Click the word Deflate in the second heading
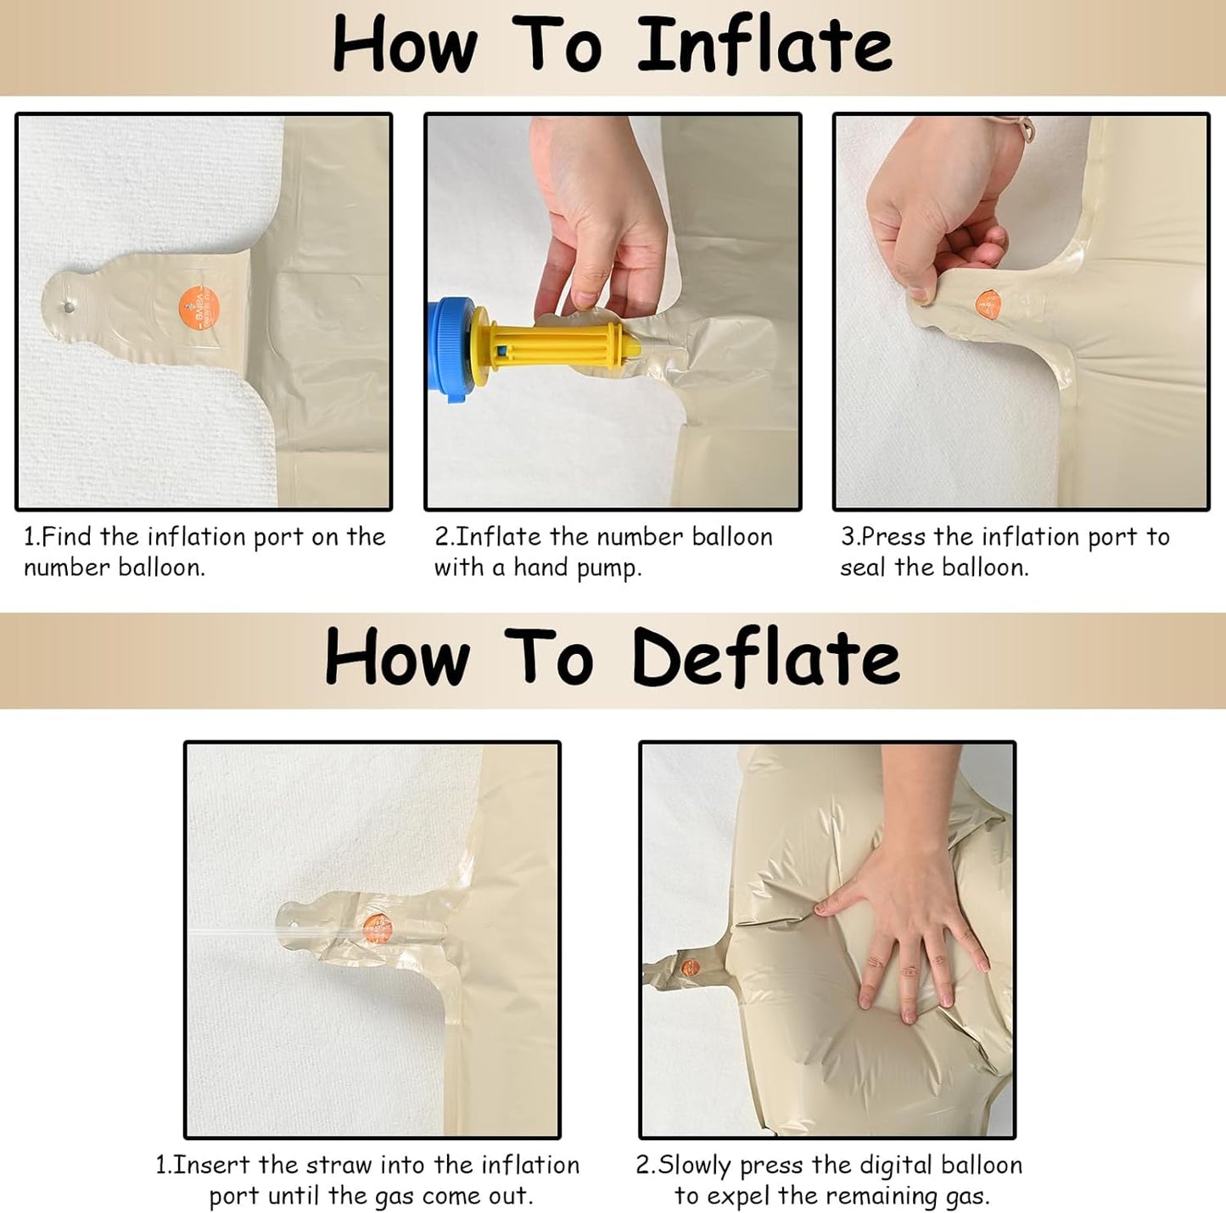(765, 657)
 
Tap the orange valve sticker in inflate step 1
(199, 308)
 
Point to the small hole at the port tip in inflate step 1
(69, 307)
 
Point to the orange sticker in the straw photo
(378, 928)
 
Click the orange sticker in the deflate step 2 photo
(691, 969)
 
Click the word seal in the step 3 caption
(863, 566)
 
